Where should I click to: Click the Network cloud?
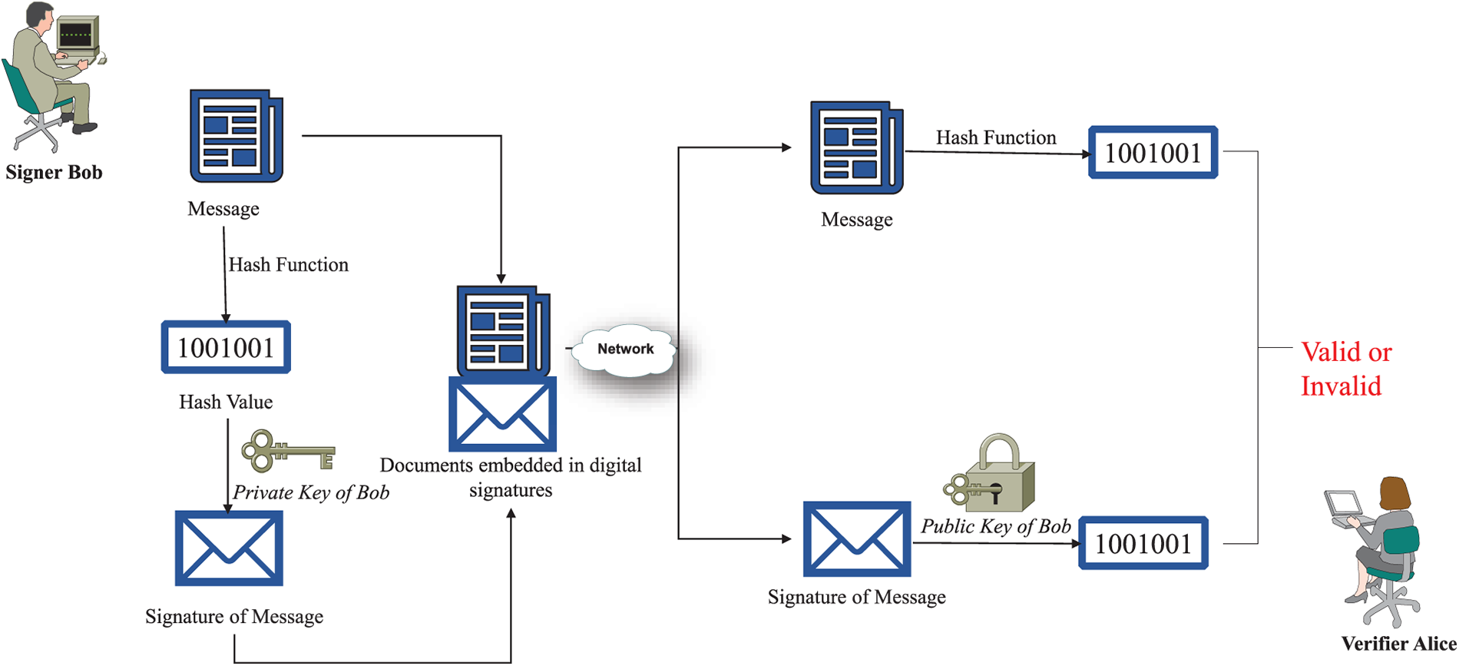click(626, 350)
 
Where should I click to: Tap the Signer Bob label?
click(54, 172)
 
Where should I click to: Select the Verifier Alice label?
click(1398, 644)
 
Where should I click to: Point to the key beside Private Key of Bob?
click(288, 452)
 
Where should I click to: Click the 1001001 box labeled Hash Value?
click(226, 348)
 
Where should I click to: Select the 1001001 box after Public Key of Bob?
click(1143, 544)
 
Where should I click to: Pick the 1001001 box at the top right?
click(1153, 153)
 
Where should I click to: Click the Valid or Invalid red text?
click(1345, 369)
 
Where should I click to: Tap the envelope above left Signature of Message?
click(229, 548)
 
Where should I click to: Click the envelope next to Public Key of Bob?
click(856, 539)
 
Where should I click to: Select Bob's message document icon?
click(236, 136)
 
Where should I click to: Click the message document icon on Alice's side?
click(856, 147)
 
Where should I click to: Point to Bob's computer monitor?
click(77, 34)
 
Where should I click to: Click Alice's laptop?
click(1344, 507)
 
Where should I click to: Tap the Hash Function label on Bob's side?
click(289, 265)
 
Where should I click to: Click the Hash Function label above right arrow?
click(996, 138)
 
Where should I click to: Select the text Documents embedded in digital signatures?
click(511, 477)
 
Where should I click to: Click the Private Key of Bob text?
click(311, 492)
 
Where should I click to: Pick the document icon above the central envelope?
click(503, 330)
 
